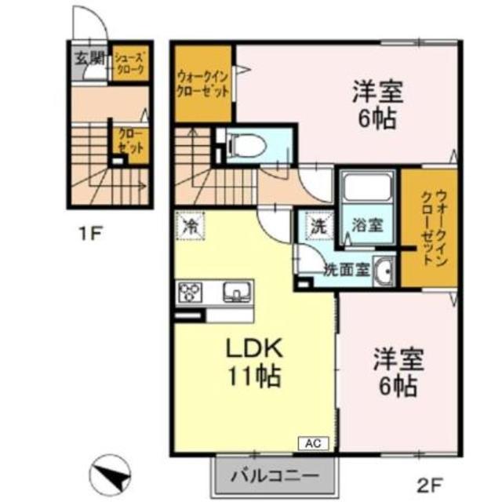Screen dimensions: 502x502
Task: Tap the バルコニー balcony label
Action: (x=275, y=475)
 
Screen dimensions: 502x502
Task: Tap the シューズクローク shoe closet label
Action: (x=130, y=63)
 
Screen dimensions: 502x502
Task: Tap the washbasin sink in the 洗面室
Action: (x=384, y=272)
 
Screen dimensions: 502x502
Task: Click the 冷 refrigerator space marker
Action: (x=190, y=226)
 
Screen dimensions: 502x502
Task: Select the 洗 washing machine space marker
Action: (x=317, y=225)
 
